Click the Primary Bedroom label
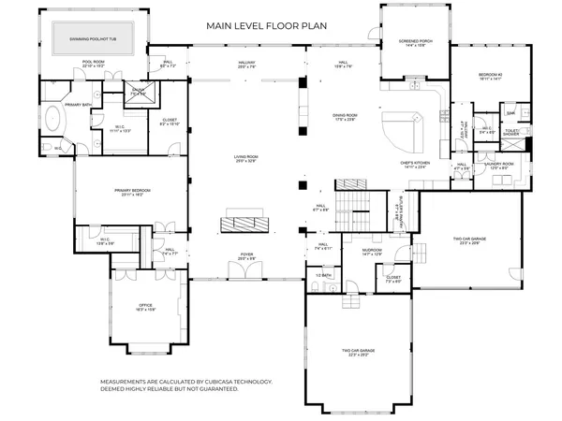[133, 191]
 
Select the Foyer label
[246, 255]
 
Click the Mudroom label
[360, 252]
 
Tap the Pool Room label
[92, 63]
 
